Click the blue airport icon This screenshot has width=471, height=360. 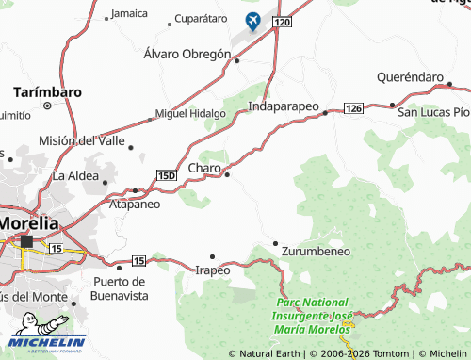[x=253, y=20]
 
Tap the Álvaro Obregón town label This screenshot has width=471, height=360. [x=187, y=55]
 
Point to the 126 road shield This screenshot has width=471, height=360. [x=353, y=109]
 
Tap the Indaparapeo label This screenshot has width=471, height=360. [x=284, y=107]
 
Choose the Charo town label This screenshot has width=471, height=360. [x=204, y=168]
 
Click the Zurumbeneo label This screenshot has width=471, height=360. [x=315, y=252]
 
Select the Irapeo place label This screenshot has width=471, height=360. [x=212, y=270]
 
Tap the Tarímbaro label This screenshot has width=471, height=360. [x=47, y=92]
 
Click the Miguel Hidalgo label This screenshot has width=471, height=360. [x=189, y=114]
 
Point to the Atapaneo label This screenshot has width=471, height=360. [x=135, y=203]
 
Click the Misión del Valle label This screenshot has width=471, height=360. [x=81, y=140]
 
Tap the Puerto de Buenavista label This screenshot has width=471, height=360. [x=121, y=288]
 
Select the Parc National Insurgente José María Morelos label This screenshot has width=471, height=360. [x=314, y=315]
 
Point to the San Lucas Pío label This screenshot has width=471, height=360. [x=432, y=111]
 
